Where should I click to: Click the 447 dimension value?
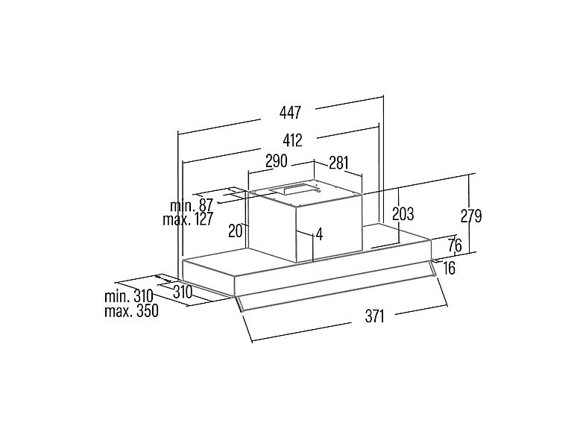(x=290, y=112)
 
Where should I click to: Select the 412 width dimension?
(x=292, y=140)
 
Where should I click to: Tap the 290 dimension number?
(x=276, y=161)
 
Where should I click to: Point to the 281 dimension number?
(x=338, y=163)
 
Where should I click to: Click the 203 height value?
(x=403, y=214)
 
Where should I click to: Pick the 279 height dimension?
(x=471, y=216)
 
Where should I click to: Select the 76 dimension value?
(x=455, y=245)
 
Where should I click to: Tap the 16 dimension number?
(x=450, y=268)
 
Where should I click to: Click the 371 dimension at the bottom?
(x=374, y=316)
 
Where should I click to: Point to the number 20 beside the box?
(x=236, y=231)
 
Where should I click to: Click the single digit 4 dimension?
(x=319, y=234)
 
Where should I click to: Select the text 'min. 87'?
(x=192, y=205)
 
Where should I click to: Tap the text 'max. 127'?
(x=188, y=219)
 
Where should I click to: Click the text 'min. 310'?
(x=129, y=296)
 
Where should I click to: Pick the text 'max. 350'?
(x=131, y=311)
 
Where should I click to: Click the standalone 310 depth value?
(x=183, y=292)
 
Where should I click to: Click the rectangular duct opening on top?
(x=295, y=190)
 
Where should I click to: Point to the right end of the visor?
(x=434, y=268)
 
